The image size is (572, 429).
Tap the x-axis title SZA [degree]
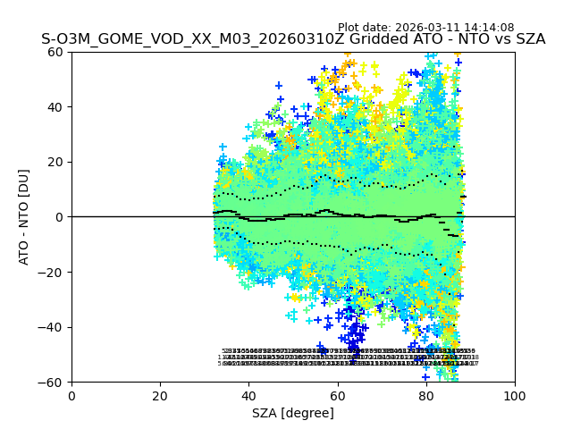click(293, 412)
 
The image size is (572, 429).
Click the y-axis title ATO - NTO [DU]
click(24, 216)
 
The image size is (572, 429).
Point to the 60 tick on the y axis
click(55, 52)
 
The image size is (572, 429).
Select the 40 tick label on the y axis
click(55, 107)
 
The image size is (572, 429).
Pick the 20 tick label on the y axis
click(55, 162)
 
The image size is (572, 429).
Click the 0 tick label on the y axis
click(59, 217)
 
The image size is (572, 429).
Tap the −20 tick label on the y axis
click(52, 272)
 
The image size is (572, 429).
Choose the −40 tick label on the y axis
click(52, 327)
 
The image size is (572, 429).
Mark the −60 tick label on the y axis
click(52, 382)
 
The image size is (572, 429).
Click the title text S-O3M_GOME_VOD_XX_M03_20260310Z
click(176, 39)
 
